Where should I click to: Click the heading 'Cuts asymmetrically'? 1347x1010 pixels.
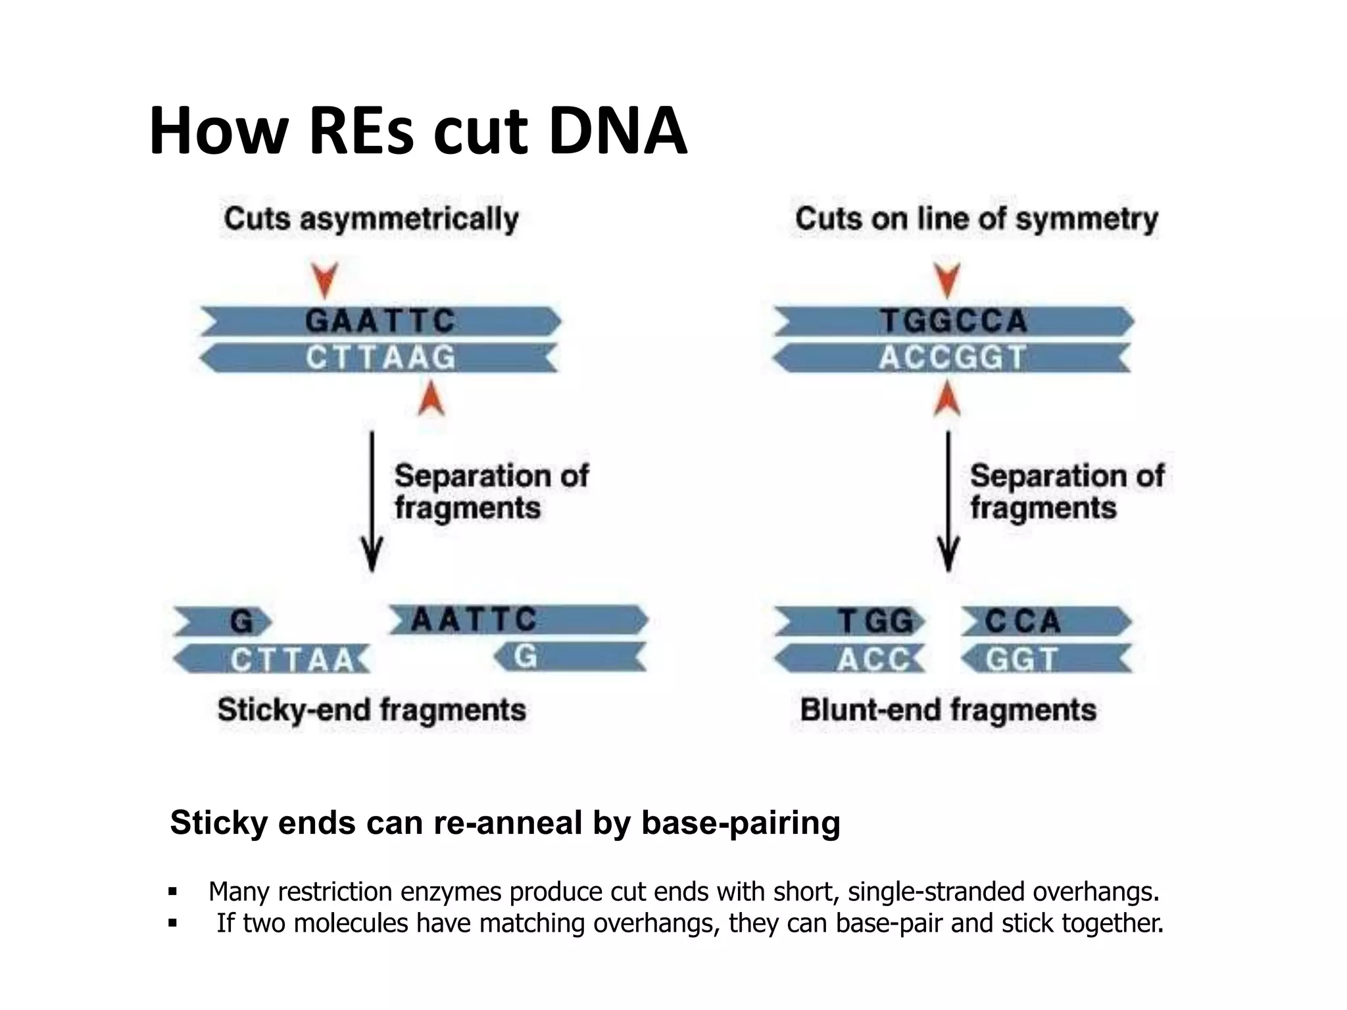tap(371, 219)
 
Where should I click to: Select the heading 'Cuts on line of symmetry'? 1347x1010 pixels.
tap(976, 219)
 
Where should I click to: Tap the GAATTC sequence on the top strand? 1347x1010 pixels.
tap(380, 322)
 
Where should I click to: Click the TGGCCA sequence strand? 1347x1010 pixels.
tap(954, 322)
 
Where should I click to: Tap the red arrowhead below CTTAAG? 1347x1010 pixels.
tap(431, 399)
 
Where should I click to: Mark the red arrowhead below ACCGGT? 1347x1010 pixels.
tap(947, 399)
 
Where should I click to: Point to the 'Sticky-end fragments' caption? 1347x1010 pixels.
tap(372, 710)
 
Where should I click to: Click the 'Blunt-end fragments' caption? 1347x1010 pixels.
tap(948, 710)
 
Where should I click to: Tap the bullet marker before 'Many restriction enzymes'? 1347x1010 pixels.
tap(173, 892)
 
